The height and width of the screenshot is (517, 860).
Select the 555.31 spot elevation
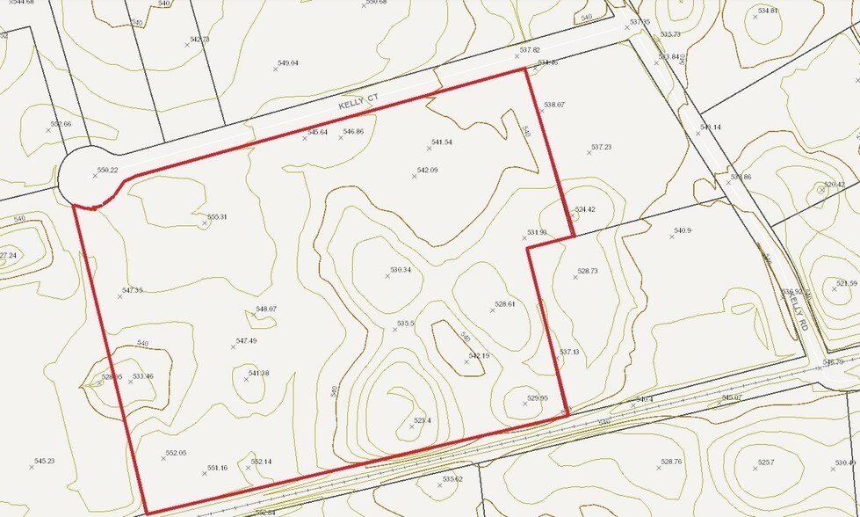(216, 217)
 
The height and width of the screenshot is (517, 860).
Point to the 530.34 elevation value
(401, 270)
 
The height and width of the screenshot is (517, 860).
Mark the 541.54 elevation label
(441, 142)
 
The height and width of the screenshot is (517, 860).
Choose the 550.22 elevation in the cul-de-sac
(107, 171)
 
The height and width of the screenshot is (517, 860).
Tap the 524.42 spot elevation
(585, 210)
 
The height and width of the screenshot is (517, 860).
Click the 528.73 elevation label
(587, 272)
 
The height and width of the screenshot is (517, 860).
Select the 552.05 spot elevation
(176, 453)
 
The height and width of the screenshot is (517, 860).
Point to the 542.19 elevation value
(478, 356)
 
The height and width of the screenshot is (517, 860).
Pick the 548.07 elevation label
(265, 309)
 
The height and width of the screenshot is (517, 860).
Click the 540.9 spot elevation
(683, 231)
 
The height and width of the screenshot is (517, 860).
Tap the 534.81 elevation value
(767, 11)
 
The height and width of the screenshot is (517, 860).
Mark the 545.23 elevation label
(44, 462)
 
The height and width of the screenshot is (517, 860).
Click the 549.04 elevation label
(287, 63)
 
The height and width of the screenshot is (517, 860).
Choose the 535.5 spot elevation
(405, 324)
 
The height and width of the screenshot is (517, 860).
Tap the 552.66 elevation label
(61, 125)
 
